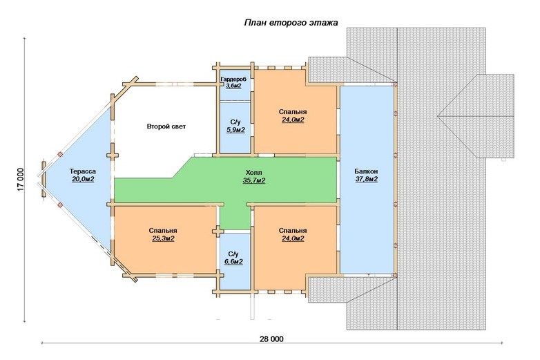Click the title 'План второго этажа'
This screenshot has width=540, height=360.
(x=291, y=23)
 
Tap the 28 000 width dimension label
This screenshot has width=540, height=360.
(x=271, y=339)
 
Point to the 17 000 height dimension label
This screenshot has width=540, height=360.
(x=21, y=180)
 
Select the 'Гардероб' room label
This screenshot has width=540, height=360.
(x=233, y=79)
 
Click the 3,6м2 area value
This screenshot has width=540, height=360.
(x=233, y=86)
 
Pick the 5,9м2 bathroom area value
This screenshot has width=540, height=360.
(x=235, y=130)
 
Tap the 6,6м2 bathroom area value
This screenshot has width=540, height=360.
(x=233, y=262)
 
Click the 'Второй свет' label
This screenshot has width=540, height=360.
(x=166, y=126)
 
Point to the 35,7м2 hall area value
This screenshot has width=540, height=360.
(x=254, y=180)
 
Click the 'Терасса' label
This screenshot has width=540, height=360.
(x=83, y=171)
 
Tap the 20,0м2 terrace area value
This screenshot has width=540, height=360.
(x=83, y=179)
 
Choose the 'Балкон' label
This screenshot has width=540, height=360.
(x=366, y=171)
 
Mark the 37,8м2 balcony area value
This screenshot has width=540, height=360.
(x=367, y=179)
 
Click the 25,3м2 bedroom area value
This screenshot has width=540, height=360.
(x=163, y=238)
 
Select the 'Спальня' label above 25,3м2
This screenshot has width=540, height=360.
(x=163, y=231)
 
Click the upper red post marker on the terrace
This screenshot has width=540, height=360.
(x=60, y=154)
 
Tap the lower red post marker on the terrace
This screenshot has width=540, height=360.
(x=60, y=205)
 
